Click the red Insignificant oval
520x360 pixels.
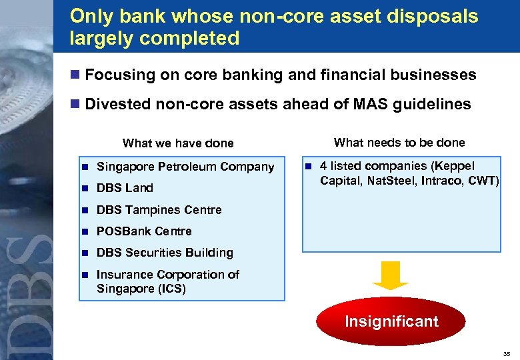(391, 321)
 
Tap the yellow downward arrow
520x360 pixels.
(391, 275)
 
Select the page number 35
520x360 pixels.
(506, 353)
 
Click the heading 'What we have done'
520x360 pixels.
(178, 143)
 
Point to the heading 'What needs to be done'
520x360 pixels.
(399, 142)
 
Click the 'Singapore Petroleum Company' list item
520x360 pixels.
(185, 166)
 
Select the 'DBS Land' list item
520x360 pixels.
(125, 188)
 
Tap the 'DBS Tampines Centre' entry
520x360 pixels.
(159, 209)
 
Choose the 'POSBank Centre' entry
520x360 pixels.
(144, 231)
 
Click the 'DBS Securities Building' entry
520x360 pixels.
(165, 253)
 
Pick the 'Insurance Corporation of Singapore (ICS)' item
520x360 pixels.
(167, 281)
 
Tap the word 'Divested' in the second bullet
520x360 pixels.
(118, 104)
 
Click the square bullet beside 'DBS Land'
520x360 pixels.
(86, 188)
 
